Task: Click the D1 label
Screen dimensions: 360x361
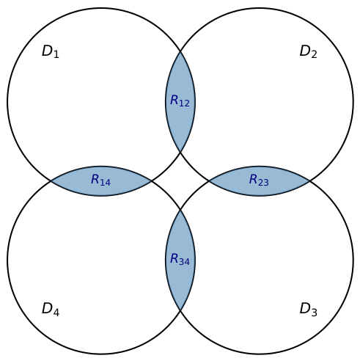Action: pos(51,51)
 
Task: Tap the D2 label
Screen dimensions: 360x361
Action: pos(309,51)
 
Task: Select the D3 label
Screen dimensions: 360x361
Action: pos(309,309)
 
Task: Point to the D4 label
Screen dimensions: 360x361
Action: pos(51,309)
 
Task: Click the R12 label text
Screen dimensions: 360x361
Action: pos(180,101)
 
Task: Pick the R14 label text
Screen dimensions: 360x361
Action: pos(100,180)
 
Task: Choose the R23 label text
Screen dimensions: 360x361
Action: pos(259,180)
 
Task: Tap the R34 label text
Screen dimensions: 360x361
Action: pos(180,259)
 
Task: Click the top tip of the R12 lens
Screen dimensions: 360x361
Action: pos(180,51)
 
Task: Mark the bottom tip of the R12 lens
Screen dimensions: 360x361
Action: pos(180,152)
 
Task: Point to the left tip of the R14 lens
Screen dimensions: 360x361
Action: pos(51,181)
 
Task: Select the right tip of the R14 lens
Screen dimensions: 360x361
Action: pos(151,181)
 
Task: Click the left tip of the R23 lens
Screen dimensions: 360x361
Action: pos(209,181)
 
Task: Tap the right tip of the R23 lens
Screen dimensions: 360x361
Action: pos(309,181)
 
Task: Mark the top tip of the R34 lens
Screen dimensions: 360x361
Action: pos(180,210)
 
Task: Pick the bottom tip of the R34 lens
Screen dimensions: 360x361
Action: pos(180,310)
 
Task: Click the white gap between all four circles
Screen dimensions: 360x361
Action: pos(180,181)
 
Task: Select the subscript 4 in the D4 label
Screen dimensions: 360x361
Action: pos(56,313)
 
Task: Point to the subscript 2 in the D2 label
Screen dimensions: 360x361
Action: pos(314,54)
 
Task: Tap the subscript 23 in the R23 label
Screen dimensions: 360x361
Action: pos(265,182)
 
